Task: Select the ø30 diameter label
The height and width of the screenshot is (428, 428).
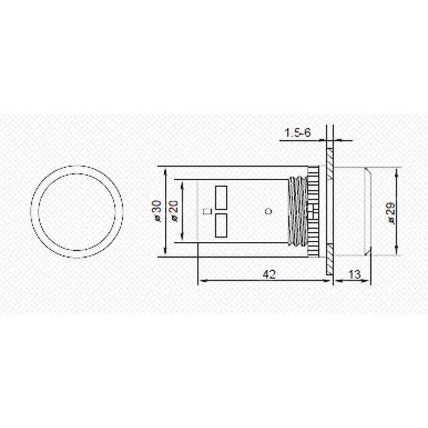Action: (156, 212)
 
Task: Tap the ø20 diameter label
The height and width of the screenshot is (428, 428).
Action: (173, 212)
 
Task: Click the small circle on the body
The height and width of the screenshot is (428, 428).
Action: (268, 211)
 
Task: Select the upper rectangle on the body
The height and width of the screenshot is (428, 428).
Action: (221, 197)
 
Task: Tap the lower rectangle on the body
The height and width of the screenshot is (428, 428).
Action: (221, 226)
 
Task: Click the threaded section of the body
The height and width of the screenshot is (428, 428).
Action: (298, 212)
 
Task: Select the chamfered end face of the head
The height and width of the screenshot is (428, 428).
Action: (369, 212)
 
